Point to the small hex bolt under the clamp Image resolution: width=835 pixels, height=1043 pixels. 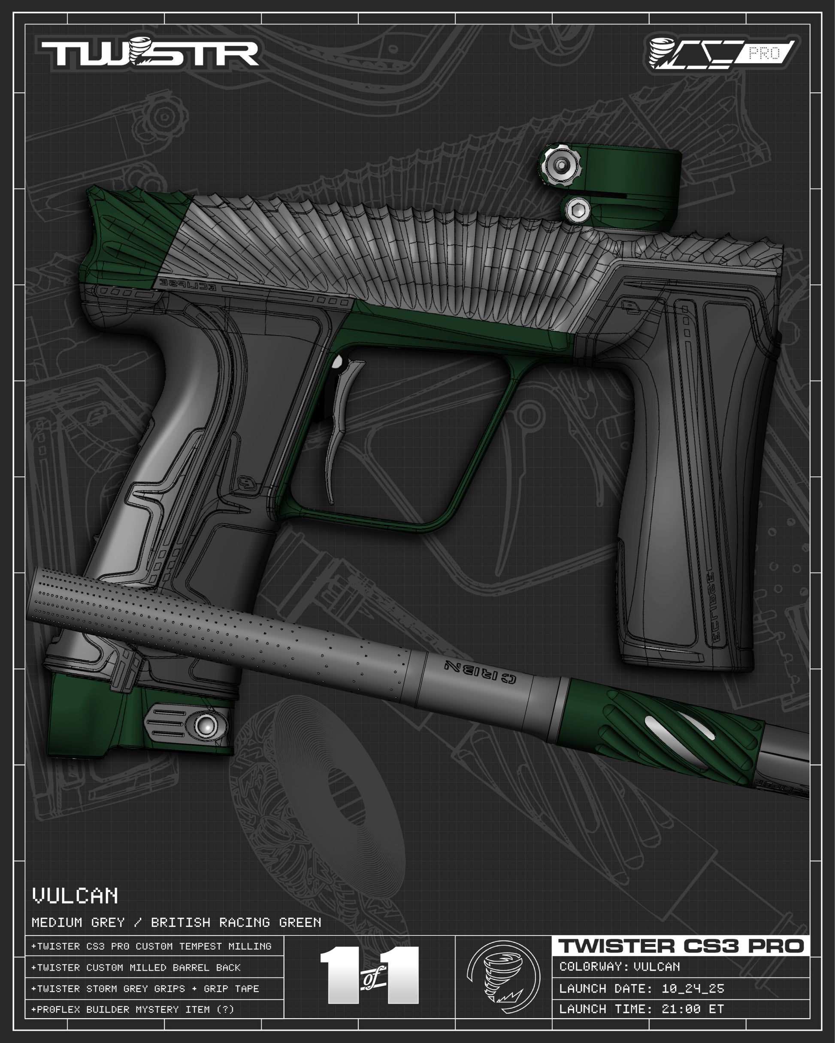tap(578, 211)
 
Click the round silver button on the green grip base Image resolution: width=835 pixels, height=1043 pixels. tap(207, 726)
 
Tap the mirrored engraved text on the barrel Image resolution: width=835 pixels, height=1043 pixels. tap(480, 672)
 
